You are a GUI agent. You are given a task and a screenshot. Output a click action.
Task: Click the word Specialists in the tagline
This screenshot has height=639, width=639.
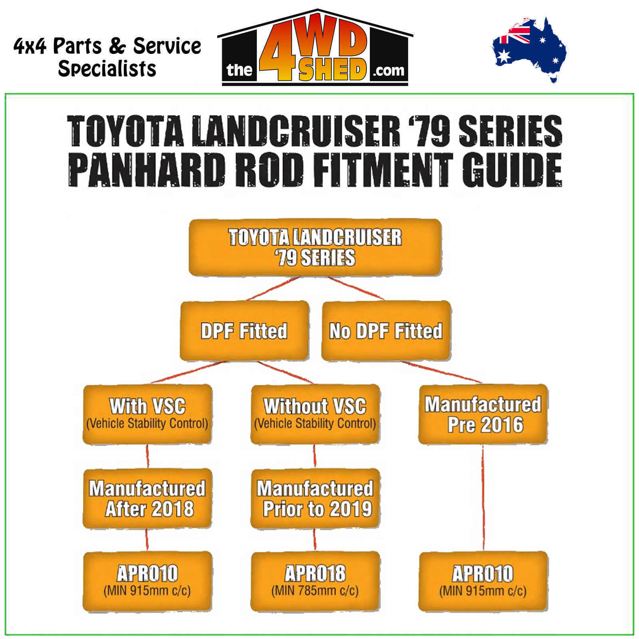coord(107,69)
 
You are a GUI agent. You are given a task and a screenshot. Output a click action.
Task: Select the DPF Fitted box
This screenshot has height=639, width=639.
coord(244,331)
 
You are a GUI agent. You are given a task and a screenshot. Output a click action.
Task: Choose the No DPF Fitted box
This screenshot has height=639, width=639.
coord(386,331)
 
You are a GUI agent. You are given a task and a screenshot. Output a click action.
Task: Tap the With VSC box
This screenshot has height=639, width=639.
coord(147,414)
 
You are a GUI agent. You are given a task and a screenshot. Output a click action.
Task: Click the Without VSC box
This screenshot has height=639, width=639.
coord(315,414)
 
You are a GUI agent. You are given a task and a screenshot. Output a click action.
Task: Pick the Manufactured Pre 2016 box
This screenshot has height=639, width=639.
coord(483,414)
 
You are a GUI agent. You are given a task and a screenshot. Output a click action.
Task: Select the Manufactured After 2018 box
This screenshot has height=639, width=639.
coord(147,498)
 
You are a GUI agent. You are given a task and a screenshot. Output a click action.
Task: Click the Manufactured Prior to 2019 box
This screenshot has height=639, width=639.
coord(315,498)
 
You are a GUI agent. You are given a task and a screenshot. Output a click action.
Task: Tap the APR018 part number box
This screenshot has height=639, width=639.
coord(315,581)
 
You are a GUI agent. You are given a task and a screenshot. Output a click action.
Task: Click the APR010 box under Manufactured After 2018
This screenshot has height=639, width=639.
coord(147,581)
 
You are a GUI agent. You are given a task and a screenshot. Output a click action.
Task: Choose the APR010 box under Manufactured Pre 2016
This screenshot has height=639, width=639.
coord(483,581)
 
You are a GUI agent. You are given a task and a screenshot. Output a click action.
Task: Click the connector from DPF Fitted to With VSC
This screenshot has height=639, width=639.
coord(188,373)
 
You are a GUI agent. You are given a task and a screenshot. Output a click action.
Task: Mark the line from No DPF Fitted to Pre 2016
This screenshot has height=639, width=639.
coord(441,373)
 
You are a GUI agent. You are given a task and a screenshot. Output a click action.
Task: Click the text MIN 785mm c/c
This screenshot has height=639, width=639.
coord(315,591)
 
